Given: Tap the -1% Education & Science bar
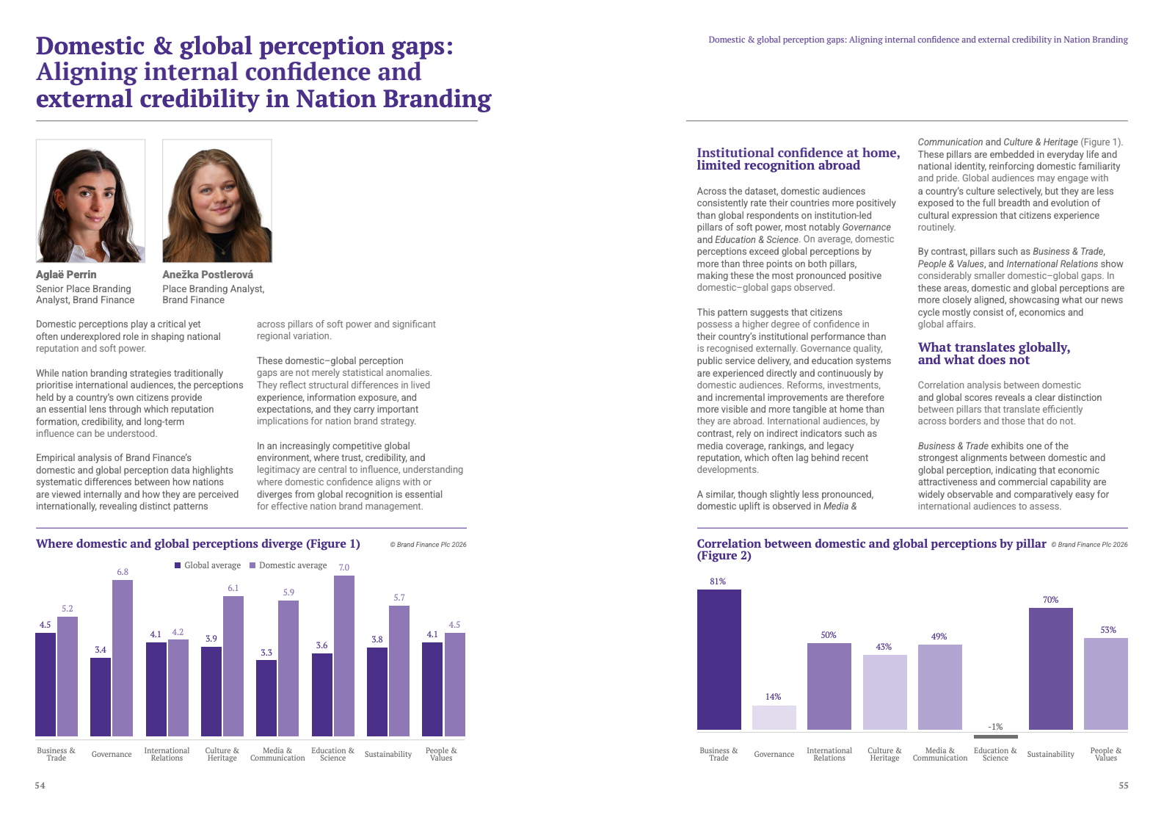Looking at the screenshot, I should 995,736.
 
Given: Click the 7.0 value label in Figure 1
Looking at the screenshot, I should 343,568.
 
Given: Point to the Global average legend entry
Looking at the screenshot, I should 208,565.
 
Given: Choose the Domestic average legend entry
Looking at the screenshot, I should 288,565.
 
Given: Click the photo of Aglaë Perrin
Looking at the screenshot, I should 90,201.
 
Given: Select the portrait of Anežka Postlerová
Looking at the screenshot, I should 217,201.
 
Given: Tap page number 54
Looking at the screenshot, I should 40,786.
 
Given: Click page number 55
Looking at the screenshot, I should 1123,786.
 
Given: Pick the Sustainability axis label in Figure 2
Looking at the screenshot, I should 1050,754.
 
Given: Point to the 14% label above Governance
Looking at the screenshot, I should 773,697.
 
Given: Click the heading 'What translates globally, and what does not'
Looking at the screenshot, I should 994,353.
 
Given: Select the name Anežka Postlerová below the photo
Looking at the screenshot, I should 208,275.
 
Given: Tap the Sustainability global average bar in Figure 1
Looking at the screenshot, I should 377,692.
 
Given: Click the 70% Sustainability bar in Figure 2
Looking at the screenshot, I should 1050,668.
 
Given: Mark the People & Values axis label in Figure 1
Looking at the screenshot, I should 441,754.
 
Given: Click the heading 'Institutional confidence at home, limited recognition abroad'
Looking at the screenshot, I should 798,159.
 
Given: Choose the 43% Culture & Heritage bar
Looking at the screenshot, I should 884,692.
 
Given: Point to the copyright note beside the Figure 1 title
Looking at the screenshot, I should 428,545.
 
